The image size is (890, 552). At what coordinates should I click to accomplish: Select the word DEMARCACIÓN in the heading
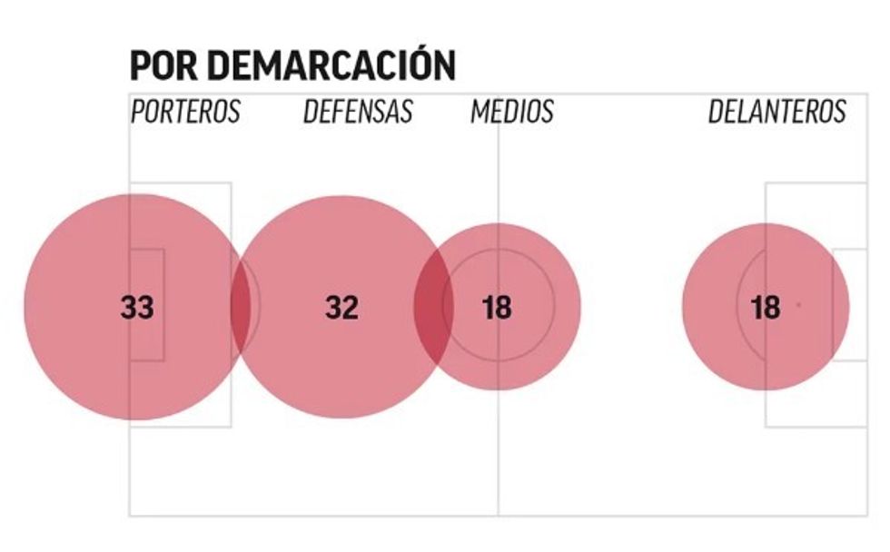click(x=330, y=66)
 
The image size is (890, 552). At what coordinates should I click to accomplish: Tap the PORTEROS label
click(x=185, y=112)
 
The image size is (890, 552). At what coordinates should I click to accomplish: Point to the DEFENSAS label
click(x=358, y=112)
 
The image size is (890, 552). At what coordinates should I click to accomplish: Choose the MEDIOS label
click(x=511, y=112)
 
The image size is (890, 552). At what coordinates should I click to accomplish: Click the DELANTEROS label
click(x=776, y=112)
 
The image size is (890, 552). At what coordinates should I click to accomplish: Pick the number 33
click(x=137, y=308)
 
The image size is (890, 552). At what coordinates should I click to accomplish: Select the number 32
click(x=341, y=308)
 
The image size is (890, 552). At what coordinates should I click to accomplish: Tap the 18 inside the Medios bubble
click(x=497, y=308)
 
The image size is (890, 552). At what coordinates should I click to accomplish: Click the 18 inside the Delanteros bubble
click(x=766, y=308)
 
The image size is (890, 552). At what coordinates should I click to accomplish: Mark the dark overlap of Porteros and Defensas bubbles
click(x=241, y=307)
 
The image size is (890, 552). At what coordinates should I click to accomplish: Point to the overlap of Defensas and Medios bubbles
click(x=434, y=307)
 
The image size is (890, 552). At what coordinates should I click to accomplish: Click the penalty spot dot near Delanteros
click(x=798, y=305)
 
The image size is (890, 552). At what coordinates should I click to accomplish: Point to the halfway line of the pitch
click(x=498, y=454)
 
